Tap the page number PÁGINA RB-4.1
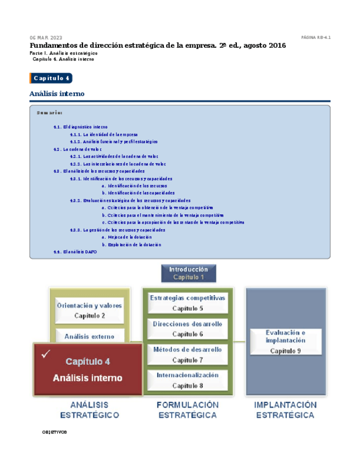coord(315,37)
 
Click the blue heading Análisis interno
coord(57,94)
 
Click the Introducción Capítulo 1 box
coord(188,273)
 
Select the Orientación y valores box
coord(90,310)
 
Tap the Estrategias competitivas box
coord(187,303)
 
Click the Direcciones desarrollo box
coord(187,329)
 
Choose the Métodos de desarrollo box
coord(187,354)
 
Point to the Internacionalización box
coord(187,380)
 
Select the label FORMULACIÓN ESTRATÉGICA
coord(187,410)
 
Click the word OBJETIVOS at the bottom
coord(54,432)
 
